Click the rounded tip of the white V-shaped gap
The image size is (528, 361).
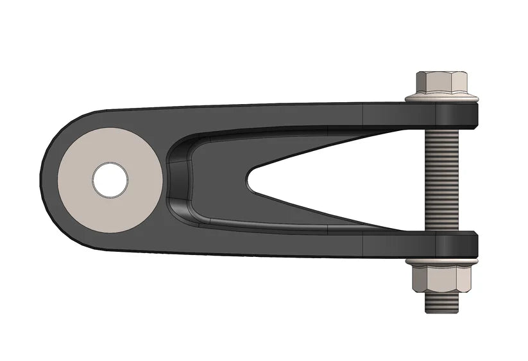pos(251,180)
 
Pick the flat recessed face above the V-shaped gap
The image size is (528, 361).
pos(289,145)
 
